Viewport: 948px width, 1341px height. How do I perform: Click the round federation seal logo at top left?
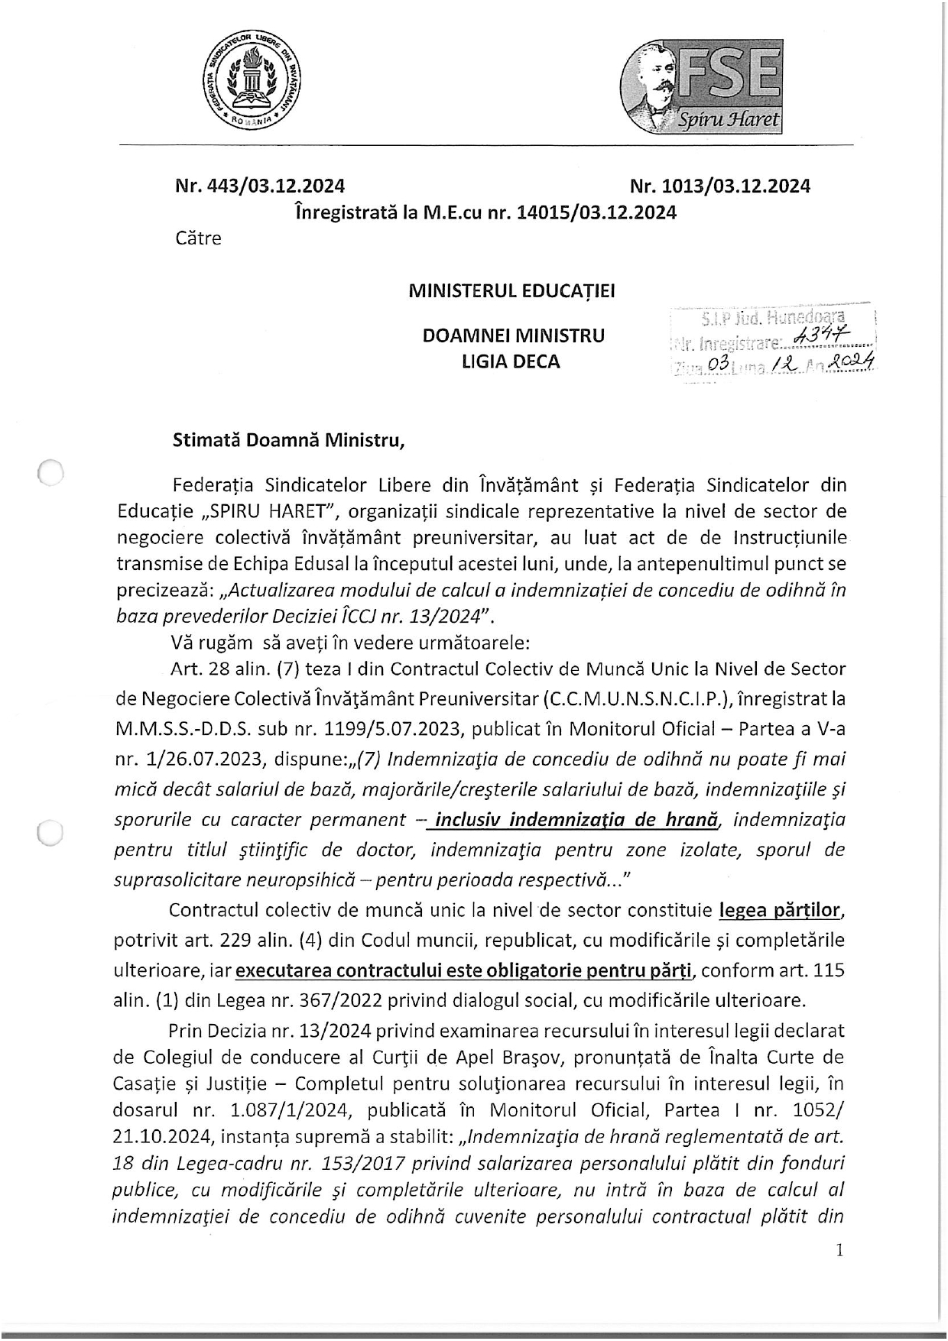252,84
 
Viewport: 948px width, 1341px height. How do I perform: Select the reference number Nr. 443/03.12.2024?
260,186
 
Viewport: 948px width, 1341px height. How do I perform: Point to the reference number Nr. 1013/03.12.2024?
719,186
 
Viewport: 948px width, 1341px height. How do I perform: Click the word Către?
198,238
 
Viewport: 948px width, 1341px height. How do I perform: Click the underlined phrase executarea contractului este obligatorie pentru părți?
465,970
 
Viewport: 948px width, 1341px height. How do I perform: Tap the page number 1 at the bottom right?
840,1251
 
